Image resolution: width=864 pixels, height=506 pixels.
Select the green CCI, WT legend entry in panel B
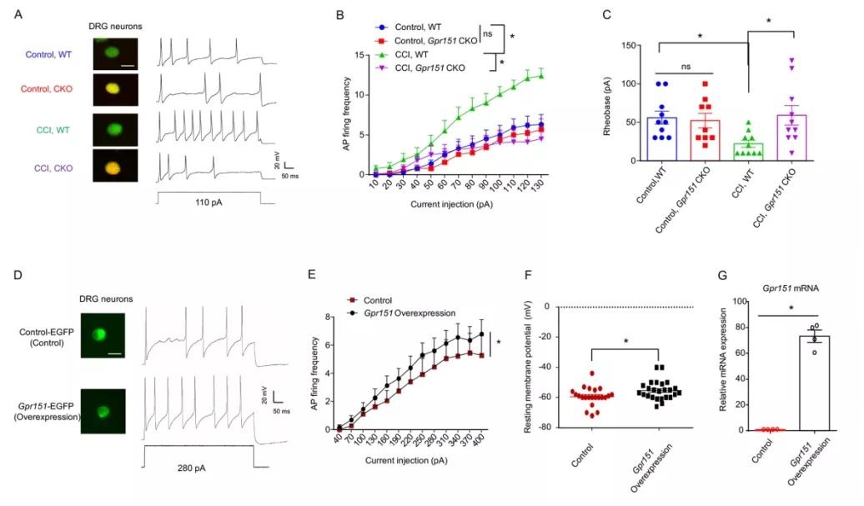pyautogui.click(x=409, y=51)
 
